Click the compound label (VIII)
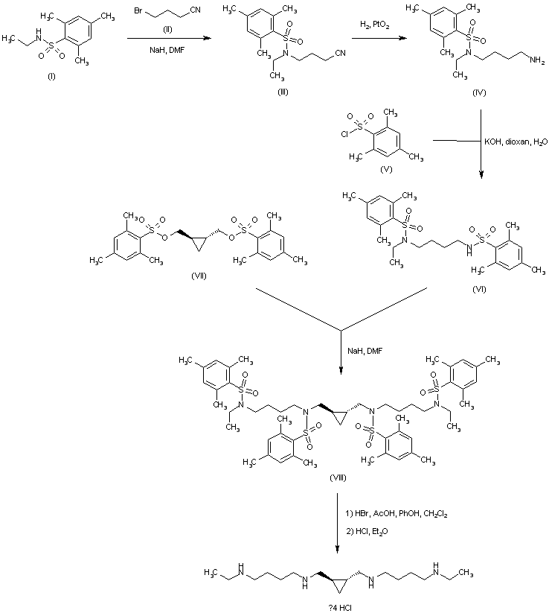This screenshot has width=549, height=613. pos(339,477)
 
